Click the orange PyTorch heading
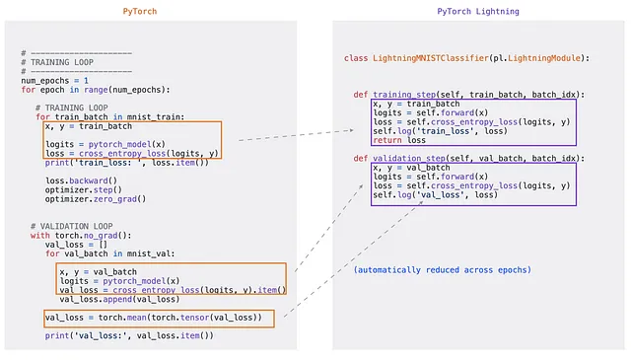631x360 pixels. (x=139, y=11)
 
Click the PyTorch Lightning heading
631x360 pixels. (x=478, y=11)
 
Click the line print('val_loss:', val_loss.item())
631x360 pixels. (x=128, y=335)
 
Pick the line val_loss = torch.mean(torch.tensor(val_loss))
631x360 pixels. (x=154, y=317)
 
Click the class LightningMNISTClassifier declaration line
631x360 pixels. (x=466, y=58)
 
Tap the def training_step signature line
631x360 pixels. (x=468, y=95)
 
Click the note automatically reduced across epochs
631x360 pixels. (x=443, y=269)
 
